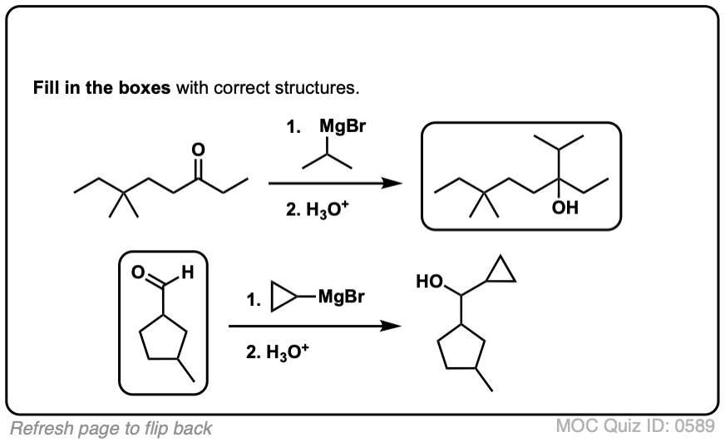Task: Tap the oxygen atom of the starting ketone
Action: point(197,150)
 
